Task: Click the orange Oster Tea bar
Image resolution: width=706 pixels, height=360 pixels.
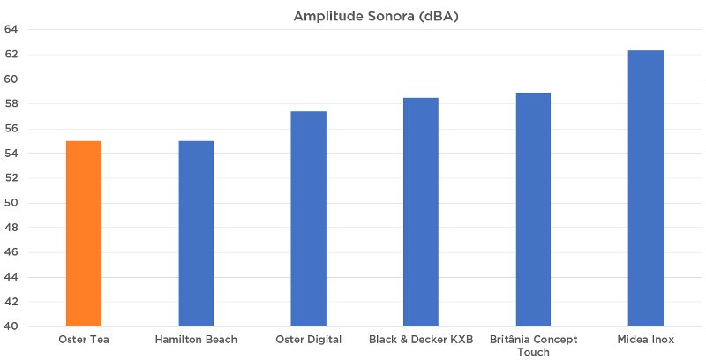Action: (83, 234)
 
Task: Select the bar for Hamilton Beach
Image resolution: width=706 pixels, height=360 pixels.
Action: (196, 234)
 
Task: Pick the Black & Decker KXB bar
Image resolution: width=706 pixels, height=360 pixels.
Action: (421, 212)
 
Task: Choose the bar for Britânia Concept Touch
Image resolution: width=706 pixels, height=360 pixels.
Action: (533, 209)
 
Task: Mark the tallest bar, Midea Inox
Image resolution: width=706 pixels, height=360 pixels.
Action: (645, 189)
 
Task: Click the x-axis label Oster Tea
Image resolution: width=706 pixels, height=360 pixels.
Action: (83, 340)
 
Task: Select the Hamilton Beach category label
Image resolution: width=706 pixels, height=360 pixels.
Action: (196, 340)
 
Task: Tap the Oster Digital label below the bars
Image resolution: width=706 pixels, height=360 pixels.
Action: (308, 340)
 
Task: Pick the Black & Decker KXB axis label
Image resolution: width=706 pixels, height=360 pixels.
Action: (421, 340)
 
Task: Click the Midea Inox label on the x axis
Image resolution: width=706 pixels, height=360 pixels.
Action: (645, 340)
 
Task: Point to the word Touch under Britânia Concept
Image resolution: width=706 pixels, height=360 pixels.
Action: (533, 352)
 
